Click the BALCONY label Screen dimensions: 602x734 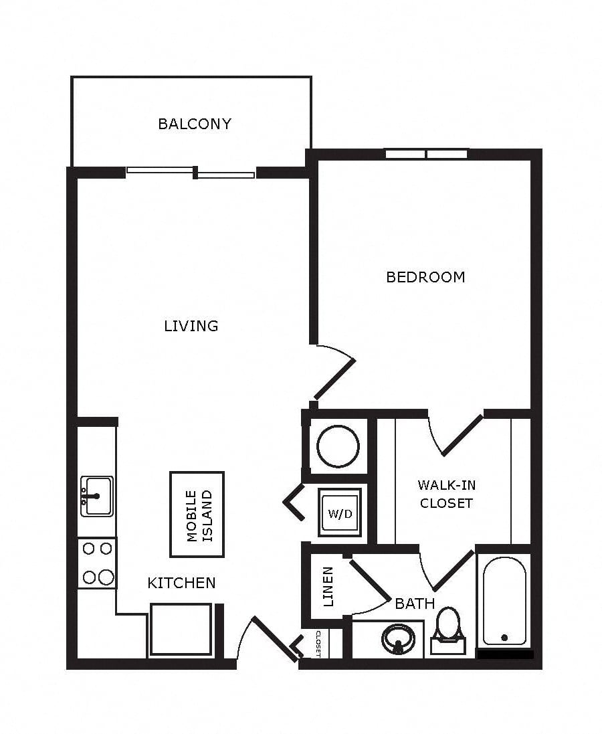[195, 124]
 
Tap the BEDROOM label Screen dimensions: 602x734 [425, 277]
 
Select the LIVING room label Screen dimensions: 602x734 [191, 326]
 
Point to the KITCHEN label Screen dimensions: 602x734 [182, 583]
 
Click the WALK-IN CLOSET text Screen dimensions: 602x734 [447, 494]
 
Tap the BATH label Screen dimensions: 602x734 [415, 604]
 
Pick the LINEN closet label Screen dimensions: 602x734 [328, 587]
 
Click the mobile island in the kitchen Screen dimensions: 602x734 [197, 515]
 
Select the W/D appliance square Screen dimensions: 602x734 [340, 513]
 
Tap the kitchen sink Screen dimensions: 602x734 [97, 496]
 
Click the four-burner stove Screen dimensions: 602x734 [97, 563]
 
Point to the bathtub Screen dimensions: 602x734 [504, 601]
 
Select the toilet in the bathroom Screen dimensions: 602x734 [448, 630]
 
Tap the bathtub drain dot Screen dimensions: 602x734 [504, 637]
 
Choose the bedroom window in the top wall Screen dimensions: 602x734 [427, 154]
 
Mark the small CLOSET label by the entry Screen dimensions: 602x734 [318, 644]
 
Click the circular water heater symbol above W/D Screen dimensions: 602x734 [338, 446]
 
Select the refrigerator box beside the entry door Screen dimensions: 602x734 [181, 630]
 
